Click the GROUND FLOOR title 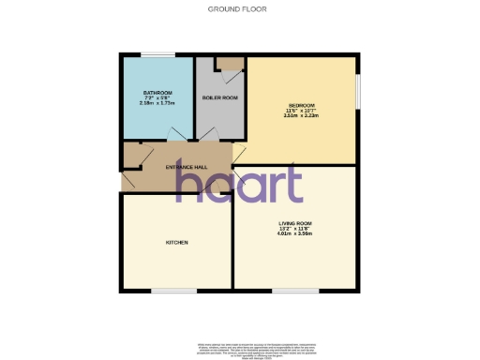click(x=239, y=8)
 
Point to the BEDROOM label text click(x=301, y=104)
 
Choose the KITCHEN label click(x=177, y=242)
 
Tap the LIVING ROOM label click(x=294, y=223)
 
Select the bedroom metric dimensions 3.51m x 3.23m click(x=301, y=115)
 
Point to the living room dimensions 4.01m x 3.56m click(x=294, y=234)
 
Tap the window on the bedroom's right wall click(x=357, y=94)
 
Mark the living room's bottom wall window click(x=295, y=292)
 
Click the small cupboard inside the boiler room click(x=229, y=63)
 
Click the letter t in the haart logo click(x=292, y=183)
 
